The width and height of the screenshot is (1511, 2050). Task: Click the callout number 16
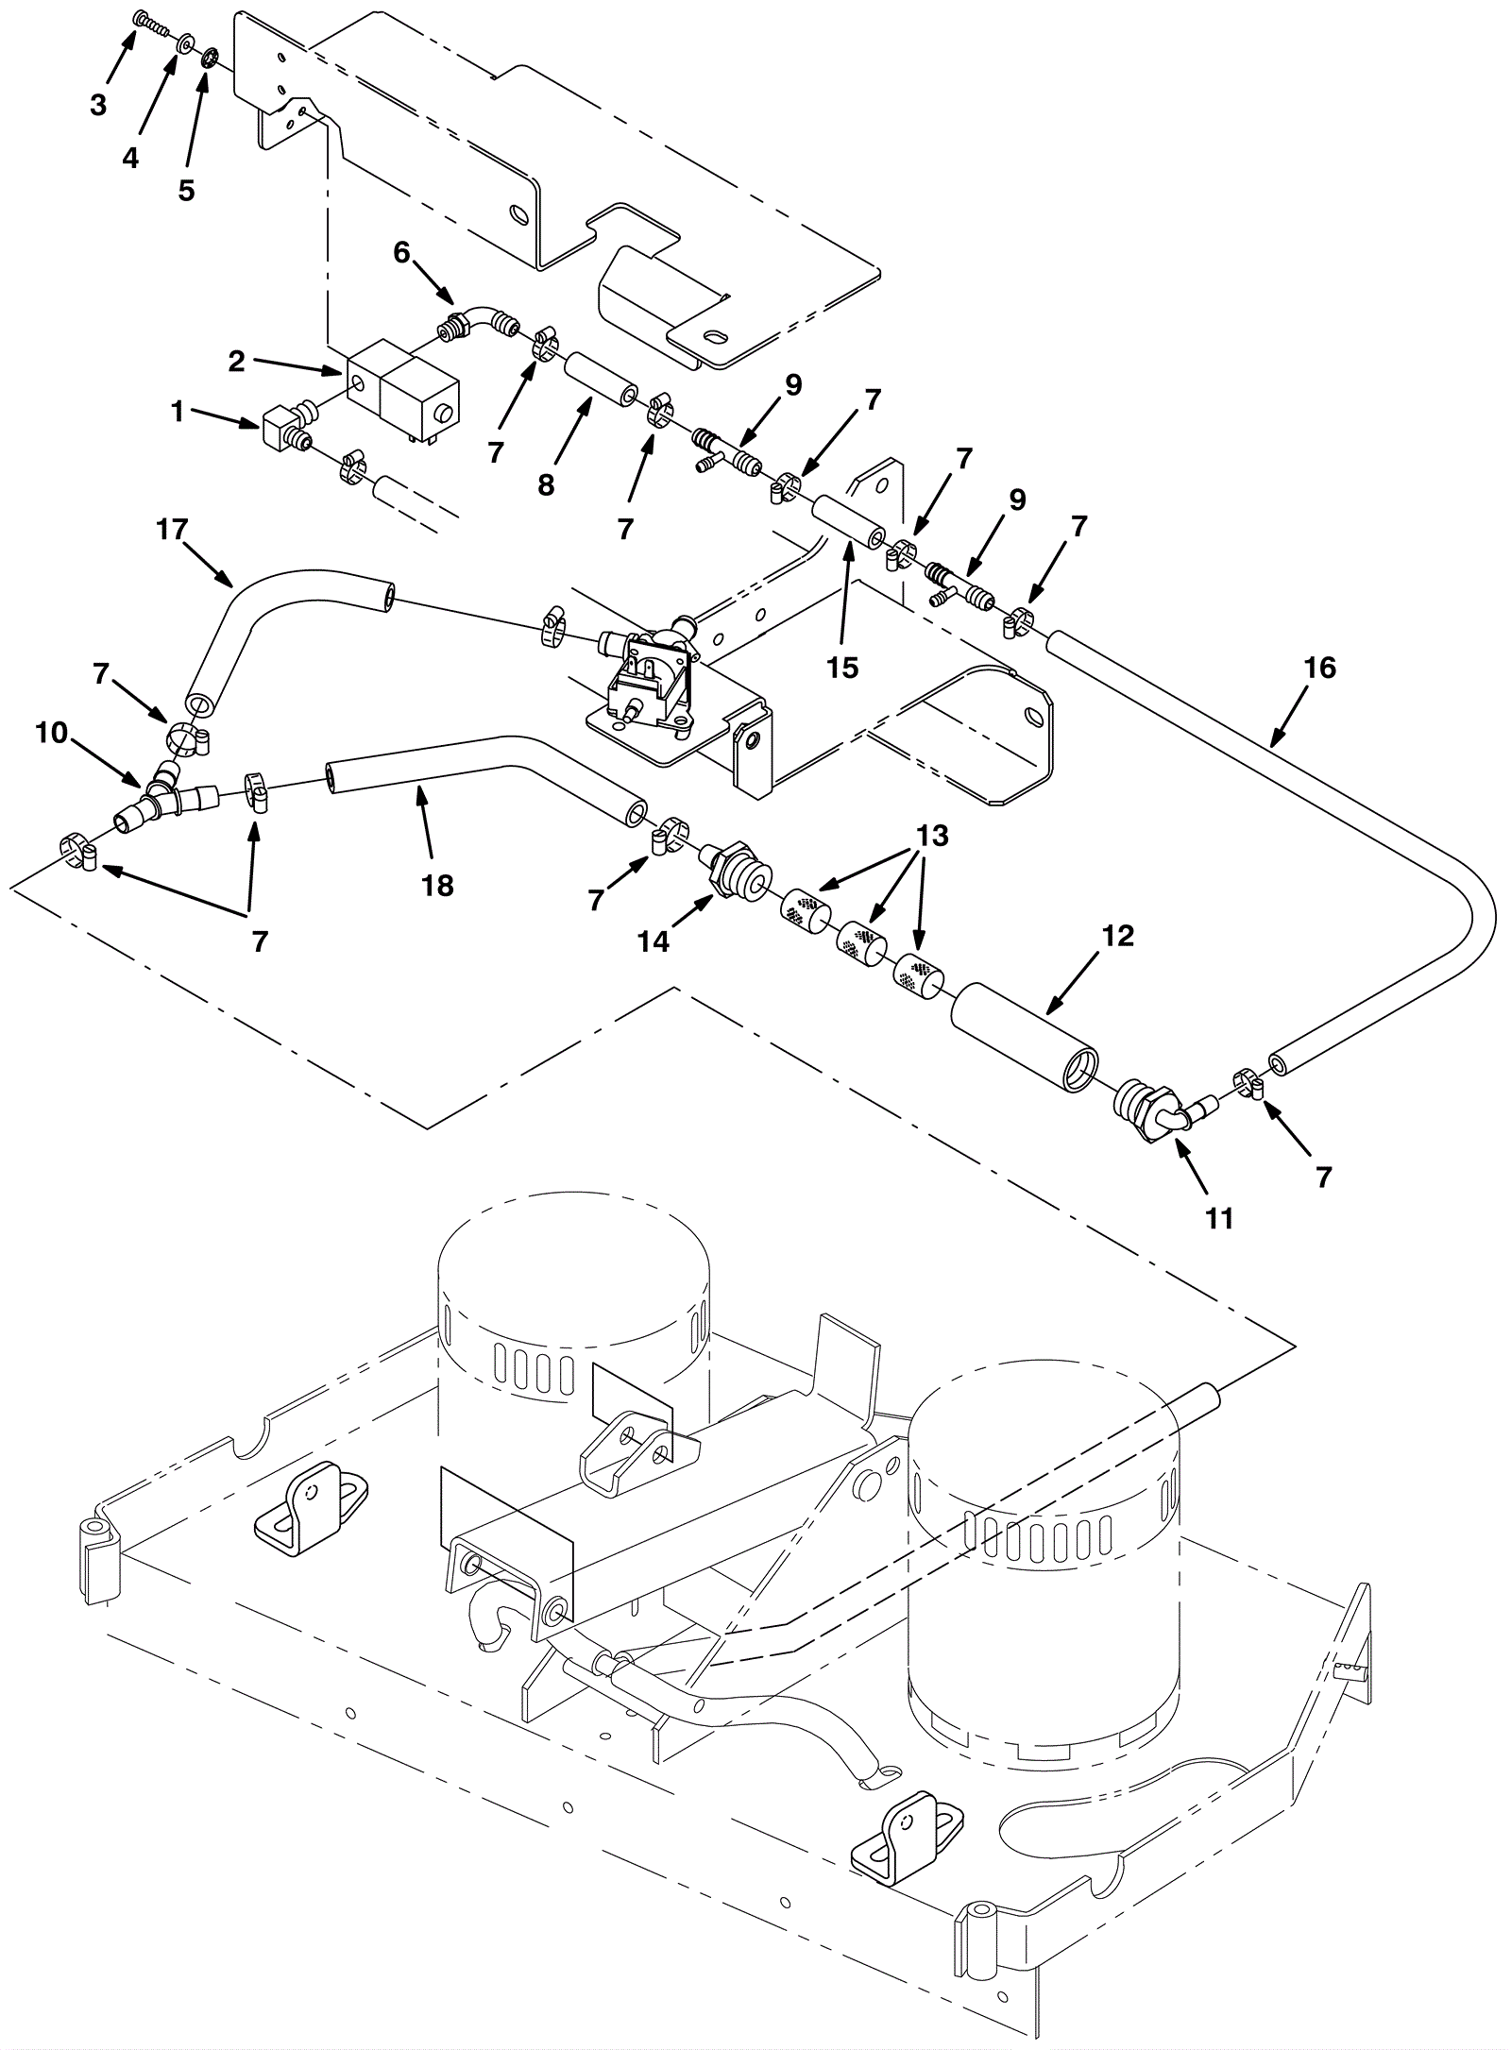(x=1319, y=669)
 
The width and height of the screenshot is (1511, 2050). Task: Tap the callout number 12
(x=1116, y=936)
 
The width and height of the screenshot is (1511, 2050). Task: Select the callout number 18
(x=438, y=886)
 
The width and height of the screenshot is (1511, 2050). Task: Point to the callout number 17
(x=173, y=530)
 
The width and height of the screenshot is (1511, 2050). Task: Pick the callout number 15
(x=842, y=668)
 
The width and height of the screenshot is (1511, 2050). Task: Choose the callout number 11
(x=1219, y=1219)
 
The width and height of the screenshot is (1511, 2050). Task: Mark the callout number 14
(x=653, y=941)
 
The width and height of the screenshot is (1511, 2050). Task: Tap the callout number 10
(x=52, y=732)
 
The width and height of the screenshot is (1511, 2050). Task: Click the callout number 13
(x=932, y=836)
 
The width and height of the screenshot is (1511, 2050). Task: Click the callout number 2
(x=236, y=360)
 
